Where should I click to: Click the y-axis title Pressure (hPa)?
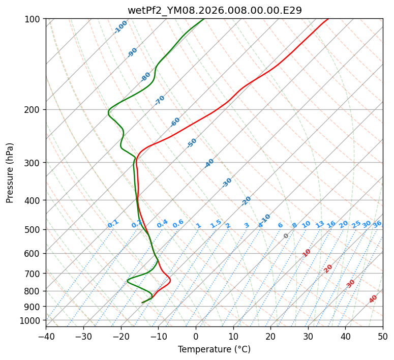point(10,173)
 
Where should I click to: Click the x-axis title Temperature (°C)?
point(214,350)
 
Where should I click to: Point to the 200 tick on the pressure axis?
point(35,110)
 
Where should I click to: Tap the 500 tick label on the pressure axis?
point(35,230)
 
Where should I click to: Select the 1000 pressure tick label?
point(33,320)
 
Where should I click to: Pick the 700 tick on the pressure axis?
point(35,274)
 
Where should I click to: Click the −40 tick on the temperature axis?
point(46,337)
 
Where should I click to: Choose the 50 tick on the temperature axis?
point(383,337)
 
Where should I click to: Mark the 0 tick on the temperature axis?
point(196,337)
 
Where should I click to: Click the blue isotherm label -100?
point(120,26)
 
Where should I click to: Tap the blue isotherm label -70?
point(160,100)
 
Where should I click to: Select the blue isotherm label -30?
point(227,183)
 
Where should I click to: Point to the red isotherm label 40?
point(373,299)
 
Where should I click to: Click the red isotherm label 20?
point(328,268)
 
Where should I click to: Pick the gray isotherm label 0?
point(286,236)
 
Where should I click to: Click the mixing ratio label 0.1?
point(113,223)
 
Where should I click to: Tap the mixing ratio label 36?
point(377,224)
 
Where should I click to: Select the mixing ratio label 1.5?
point(216,223)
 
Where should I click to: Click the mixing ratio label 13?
point(320,224)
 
